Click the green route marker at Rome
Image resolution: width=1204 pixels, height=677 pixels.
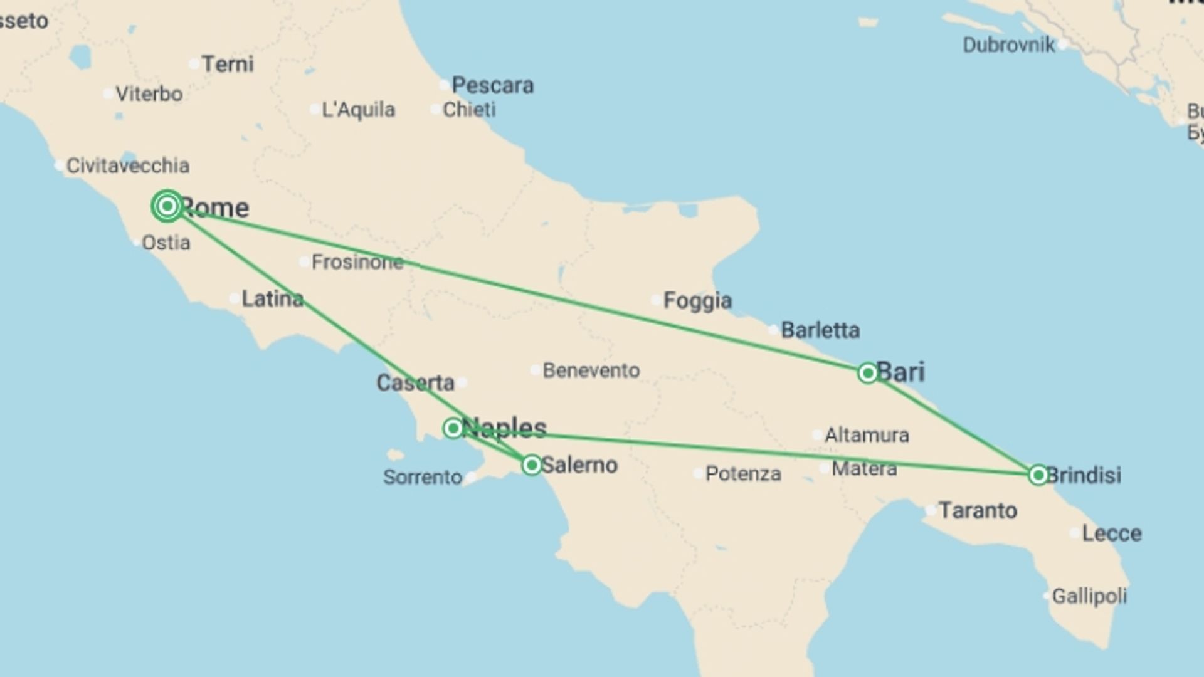pyautogui.click(x=167, y=206)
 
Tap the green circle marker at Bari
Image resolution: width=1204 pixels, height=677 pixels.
pyautogui.click(x=867, y=373)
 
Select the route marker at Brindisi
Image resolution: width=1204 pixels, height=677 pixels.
pyautogui.click(x=1038, y=475)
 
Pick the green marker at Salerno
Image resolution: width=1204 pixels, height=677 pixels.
pyautogui.click(x=532, y=465)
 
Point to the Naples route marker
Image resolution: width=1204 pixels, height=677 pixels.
pyautogui.click(x=453, y=428)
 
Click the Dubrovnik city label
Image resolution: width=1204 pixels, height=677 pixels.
pyautogui.click(x=1008, y=45)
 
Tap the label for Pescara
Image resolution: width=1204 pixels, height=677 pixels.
pyautogui.click(x=492, y=85)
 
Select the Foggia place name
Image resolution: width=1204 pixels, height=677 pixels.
pyautogui.click(x=697, y=301)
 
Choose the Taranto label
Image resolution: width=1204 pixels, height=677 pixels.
pyautogui.click(x=978, y=511)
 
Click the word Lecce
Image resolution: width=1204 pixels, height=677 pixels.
pyautogui.click(x=1112, y=533)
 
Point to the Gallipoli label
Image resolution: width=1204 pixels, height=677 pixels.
pyautogui.click(x=1089, y=596)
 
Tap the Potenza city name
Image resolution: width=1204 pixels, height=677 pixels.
pyautogui.click(x=743, y=474)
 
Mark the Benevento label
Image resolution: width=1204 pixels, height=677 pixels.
pyautogui.click(x=591, y=370)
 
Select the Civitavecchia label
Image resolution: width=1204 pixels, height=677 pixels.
pyautogui.click(x=128, y=166)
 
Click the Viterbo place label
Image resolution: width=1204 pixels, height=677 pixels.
pyautogui.click(x=149, y=94)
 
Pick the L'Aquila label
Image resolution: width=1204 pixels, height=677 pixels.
pyautogui.click(x=358, y=110)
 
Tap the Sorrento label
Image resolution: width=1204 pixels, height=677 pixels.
pyautogui.click(x=423, y=478)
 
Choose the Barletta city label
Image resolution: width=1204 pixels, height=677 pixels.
pyautogui.click(x=820, y=330)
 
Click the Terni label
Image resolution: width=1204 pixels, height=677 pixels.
pyautogui.click(x=228, y=64)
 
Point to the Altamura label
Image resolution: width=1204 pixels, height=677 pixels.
pyautogui.click(x=867, y=435)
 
